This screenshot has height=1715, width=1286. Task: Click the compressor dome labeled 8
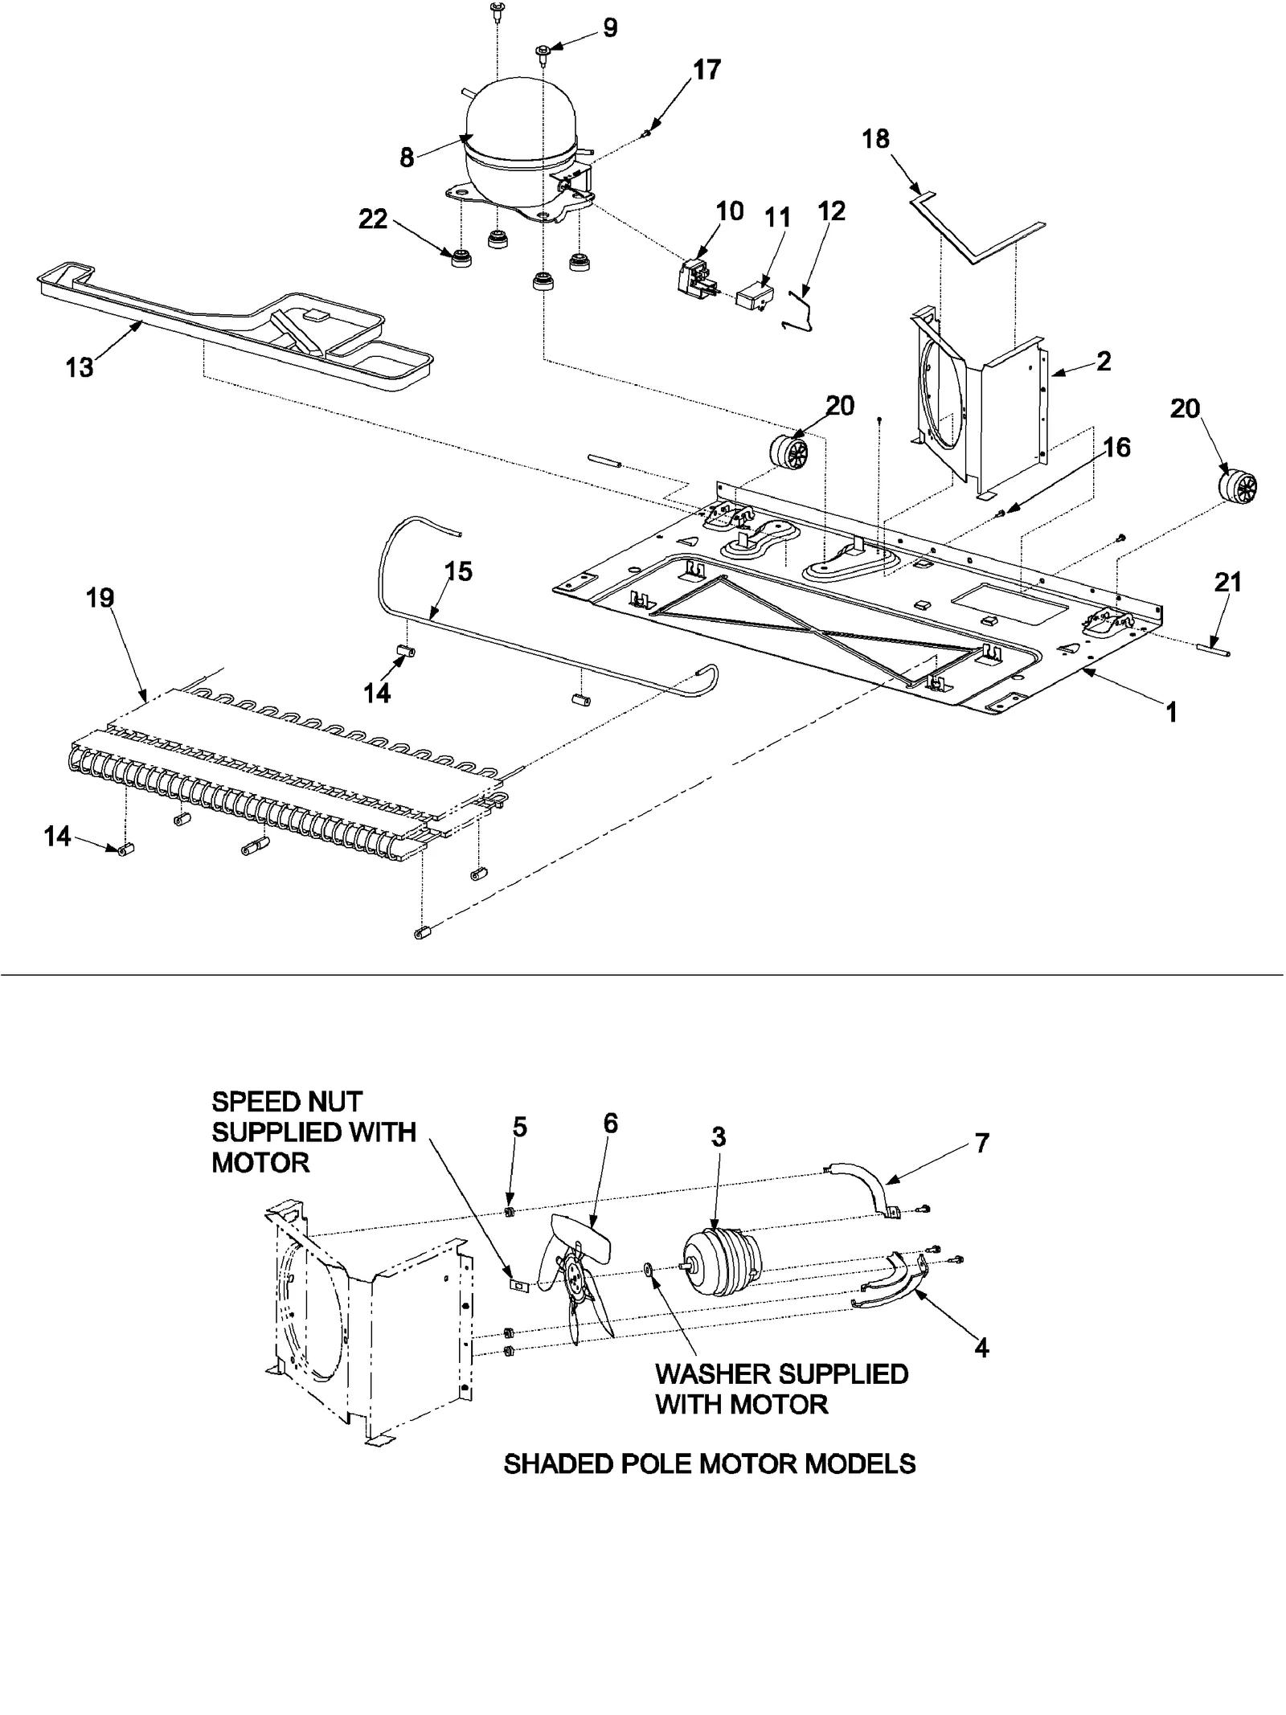pyautogui.click(x=518, y=121)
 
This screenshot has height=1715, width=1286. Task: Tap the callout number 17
pyautogui.click(x=707, y=71)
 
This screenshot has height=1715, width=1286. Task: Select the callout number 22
pyautogui.click(x=373, y=219)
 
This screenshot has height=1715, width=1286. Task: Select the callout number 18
pyautogui.click(x=876, y=139)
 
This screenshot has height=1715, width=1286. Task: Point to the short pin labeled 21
pyautogui.click(x=1213, y=649)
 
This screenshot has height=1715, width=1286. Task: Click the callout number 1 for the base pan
pyautogui.click(x=1171, y=711)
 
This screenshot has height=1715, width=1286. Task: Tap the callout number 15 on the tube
pyautogui.click(x=458, y=571)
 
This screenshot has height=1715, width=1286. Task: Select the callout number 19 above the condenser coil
pyautogui.click(x=100, y=598)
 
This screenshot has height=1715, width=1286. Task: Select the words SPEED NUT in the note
pyautogui.click(x=287, y=1101)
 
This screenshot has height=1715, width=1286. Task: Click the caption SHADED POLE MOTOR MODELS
pyautogui.click(x=709, y=1463)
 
